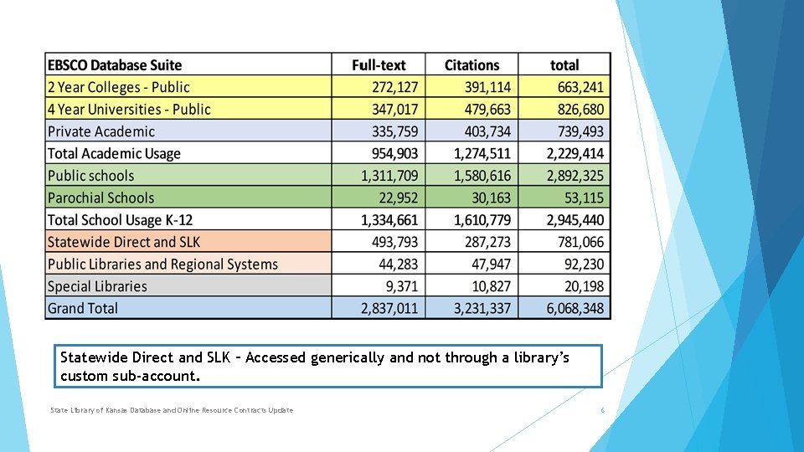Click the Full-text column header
click(x=379, y=65)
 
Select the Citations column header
click(x=472, y=65)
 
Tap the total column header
click(x=564, y=65)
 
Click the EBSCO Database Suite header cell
click(x=115, y=65)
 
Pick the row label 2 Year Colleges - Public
click(x=118, y=87)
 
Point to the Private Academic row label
click(x=101, y=131)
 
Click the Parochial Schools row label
click(x=100, y=198)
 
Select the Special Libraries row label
click(x=97, y=286)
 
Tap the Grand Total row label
click(x=83, y=308)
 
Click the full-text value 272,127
click(x=394, y=87)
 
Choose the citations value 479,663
click(x=487, y=110)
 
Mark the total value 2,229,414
click(x=575, y=154)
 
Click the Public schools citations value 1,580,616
click(x=482, y=176)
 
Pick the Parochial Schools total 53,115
click(x=584, y=198)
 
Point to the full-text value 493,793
click(x=394, y=242)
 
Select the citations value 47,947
click(x=492, y=264)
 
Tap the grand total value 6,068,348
click(x=575, y=308)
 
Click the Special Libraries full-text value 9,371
click(x=402, y=286)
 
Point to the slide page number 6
click(x=602, y=410)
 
